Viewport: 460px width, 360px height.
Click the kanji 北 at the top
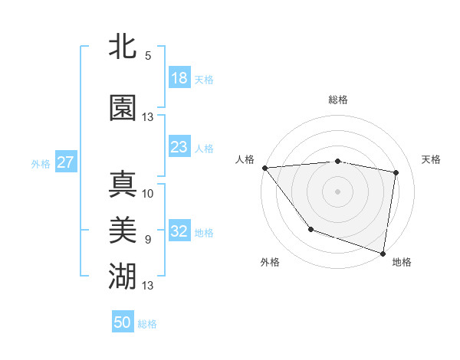[x=123, y=47]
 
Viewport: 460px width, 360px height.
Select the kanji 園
[x=123, y=108]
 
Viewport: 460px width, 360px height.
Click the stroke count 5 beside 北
[x=147, y=56]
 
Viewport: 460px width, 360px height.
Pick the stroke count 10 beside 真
[x=148, y=193]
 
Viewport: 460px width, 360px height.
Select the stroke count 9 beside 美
[x=147, y=240]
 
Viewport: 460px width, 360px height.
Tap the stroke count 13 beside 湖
[x=148, y=286]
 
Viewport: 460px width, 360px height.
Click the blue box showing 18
[x=179, y=77]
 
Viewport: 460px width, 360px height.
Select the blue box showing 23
[x=179, y=147]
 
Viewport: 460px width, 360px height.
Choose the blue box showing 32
[x=179, y=231]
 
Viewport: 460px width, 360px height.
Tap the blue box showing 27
[x=65, y=162]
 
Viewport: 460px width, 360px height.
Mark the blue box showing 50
[x=123, y=322]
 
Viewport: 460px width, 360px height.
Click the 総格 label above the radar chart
[x=338, y=100]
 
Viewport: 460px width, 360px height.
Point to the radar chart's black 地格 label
[x=402, y=262]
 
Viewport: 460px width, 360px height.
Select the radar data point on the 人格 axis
[x=264, y=168]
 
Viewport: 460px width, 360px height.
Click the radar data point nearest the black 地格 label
[x=383, y=253]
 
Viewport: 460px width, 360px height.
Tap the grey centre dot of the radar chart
[x=337, y=191]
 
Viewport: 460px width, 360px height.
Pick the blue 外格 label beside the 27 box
[x=40, y=163]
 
